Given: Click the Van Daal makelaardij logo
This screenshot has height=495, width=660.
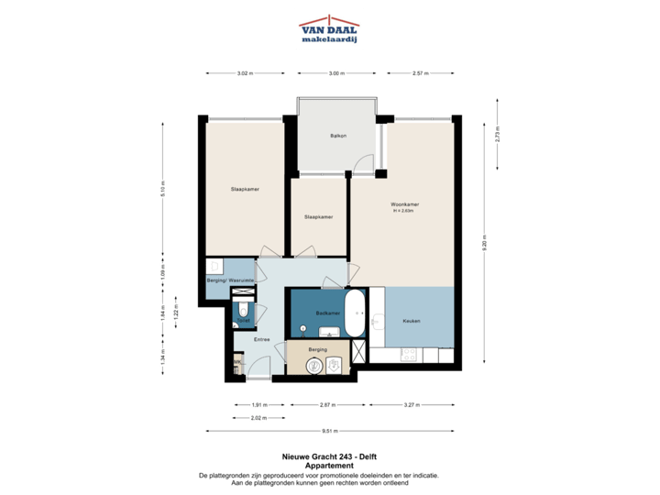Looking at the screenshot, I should [x=329, y=28].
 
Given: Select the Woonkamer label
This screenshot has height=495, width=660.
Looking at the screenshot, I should [x=404, y=205].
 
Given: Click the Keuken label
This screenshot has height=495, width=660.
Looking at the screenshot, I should [x=410, y=320].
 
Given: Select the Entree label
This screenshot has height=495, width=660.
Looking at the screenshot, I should [x=248, y=339].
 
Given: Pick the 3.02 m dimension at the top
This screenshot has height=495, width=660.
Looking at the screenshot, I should [x=244, y=72].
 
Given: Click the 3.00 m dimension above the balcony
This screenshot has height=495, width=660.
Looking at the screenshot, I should [x=336, y=72].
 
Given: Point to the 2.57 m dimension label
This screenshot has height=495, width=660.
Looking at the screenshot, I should [x=420, y=72].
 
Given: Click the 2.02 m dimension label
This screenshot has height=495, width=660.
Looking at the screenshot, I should [x=258, y=417].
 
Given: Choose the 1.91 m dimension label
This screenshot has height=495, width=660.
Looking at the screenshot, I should [x=258, y=403].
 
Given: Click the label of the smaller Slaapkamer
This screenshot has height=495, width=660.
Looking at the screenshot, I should [x=318, y=217].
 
